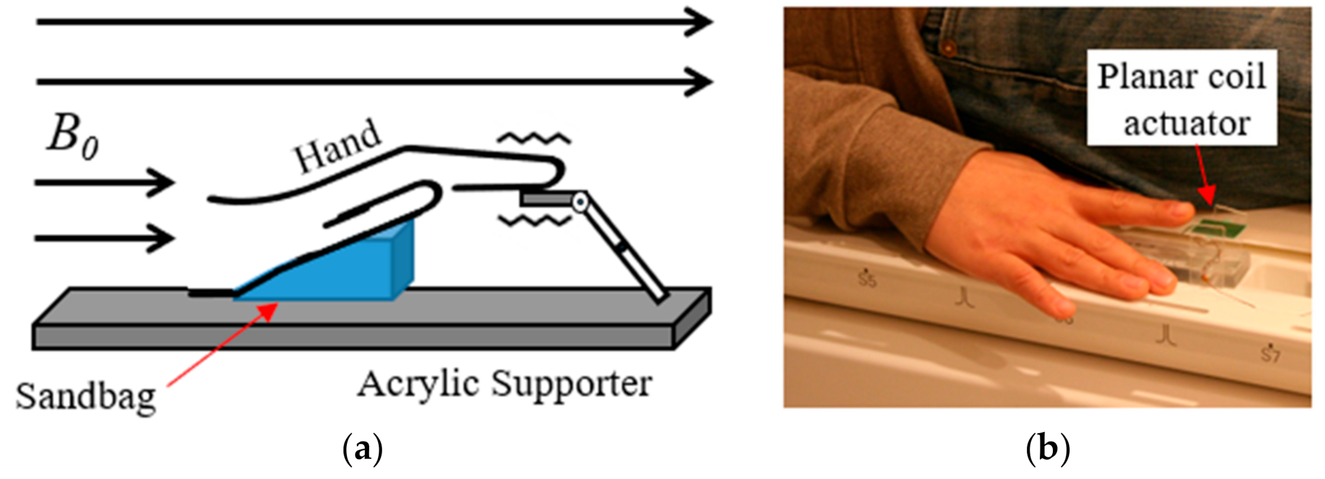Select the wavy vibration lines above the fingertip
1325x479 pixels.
tap(535, 138)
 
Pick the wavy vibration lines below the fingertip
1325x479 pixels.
tap(535, 221)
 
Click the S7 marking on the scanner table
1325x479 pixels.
tap(1271, 354)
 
